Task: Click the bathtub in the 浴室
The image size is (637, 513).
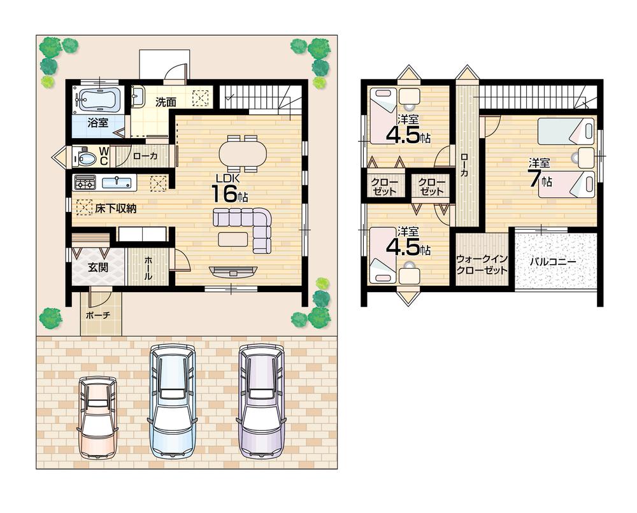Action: [x=97, y=99]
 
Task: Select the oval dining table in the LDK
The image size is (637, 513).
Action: [x=242, y=153]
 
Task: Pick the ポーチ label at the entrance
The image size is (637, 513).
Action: [x=97, y=315]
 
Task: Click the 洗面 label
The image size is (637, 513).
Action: [x=167, y=101]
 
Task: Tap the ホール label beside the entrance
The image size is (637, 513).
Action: [x=148, y=268]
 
